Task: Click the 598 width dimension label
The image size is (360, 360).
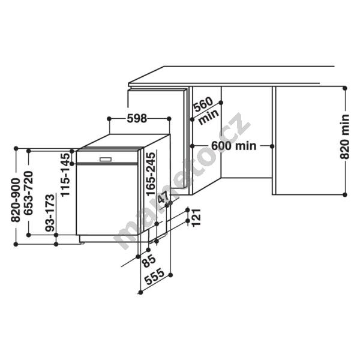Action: click(x=137, y=118)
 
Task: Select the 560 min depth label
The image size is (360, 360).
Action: click(x=205, y=111)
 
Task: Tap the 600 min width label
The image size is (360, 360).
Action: click(x=233, y=146)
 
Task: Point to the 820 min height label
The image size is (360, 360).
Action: click(x=344, y=137)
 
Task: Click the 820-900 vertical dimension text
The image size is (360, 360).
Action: click(x=16, y=200)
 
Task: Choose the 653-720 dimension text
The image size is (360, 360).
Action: click(x=28, y=193)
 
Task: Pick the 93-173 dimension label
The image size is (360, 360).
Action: click(x=50, y=213)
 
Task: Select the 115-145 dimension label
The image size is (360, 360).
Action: click(x=65, y=175)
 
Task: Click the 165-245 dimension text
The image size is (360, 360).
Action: click(x=151, y=174)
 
